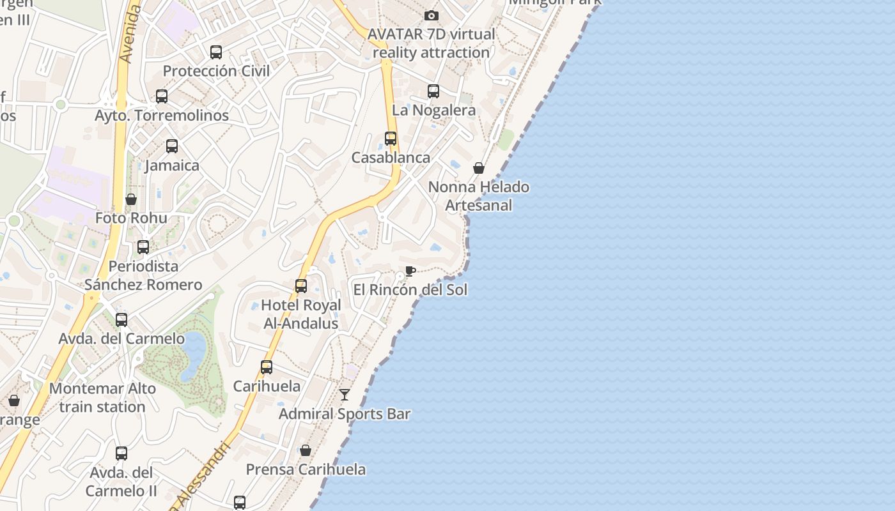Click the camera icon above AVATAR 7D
pos(432,15)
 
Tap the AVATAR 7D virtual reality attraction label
pos(432,43)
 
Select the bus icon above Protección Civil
pos(216,52)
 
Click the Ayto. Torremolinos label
pos(162,116)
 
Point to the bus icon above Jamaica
pos(172,146)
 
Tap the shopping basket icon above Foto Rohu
pos(131,199)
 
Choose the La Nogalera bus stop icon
pos(433,91)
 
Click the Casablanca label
pos(391,157)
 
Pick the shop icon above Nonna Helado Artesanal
pos(479,168)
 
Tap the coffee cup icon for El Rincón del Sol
pos(410,271)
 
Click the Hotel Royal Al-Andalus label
pos(301,314)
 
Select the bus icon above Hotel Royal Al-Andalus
pos(301,286)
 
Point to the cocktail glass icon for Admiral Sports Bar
pos(345,395)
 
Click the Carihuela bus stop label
pos(267,386)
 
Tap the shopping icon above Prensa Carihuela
pos(306,450)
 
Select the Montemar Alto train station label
pos(102,397)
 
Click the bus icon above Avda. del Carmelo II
pos(121,454)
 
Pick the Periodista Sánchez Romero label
pos(143,275)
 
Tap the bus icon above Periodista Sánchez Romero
pos(143,247)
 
